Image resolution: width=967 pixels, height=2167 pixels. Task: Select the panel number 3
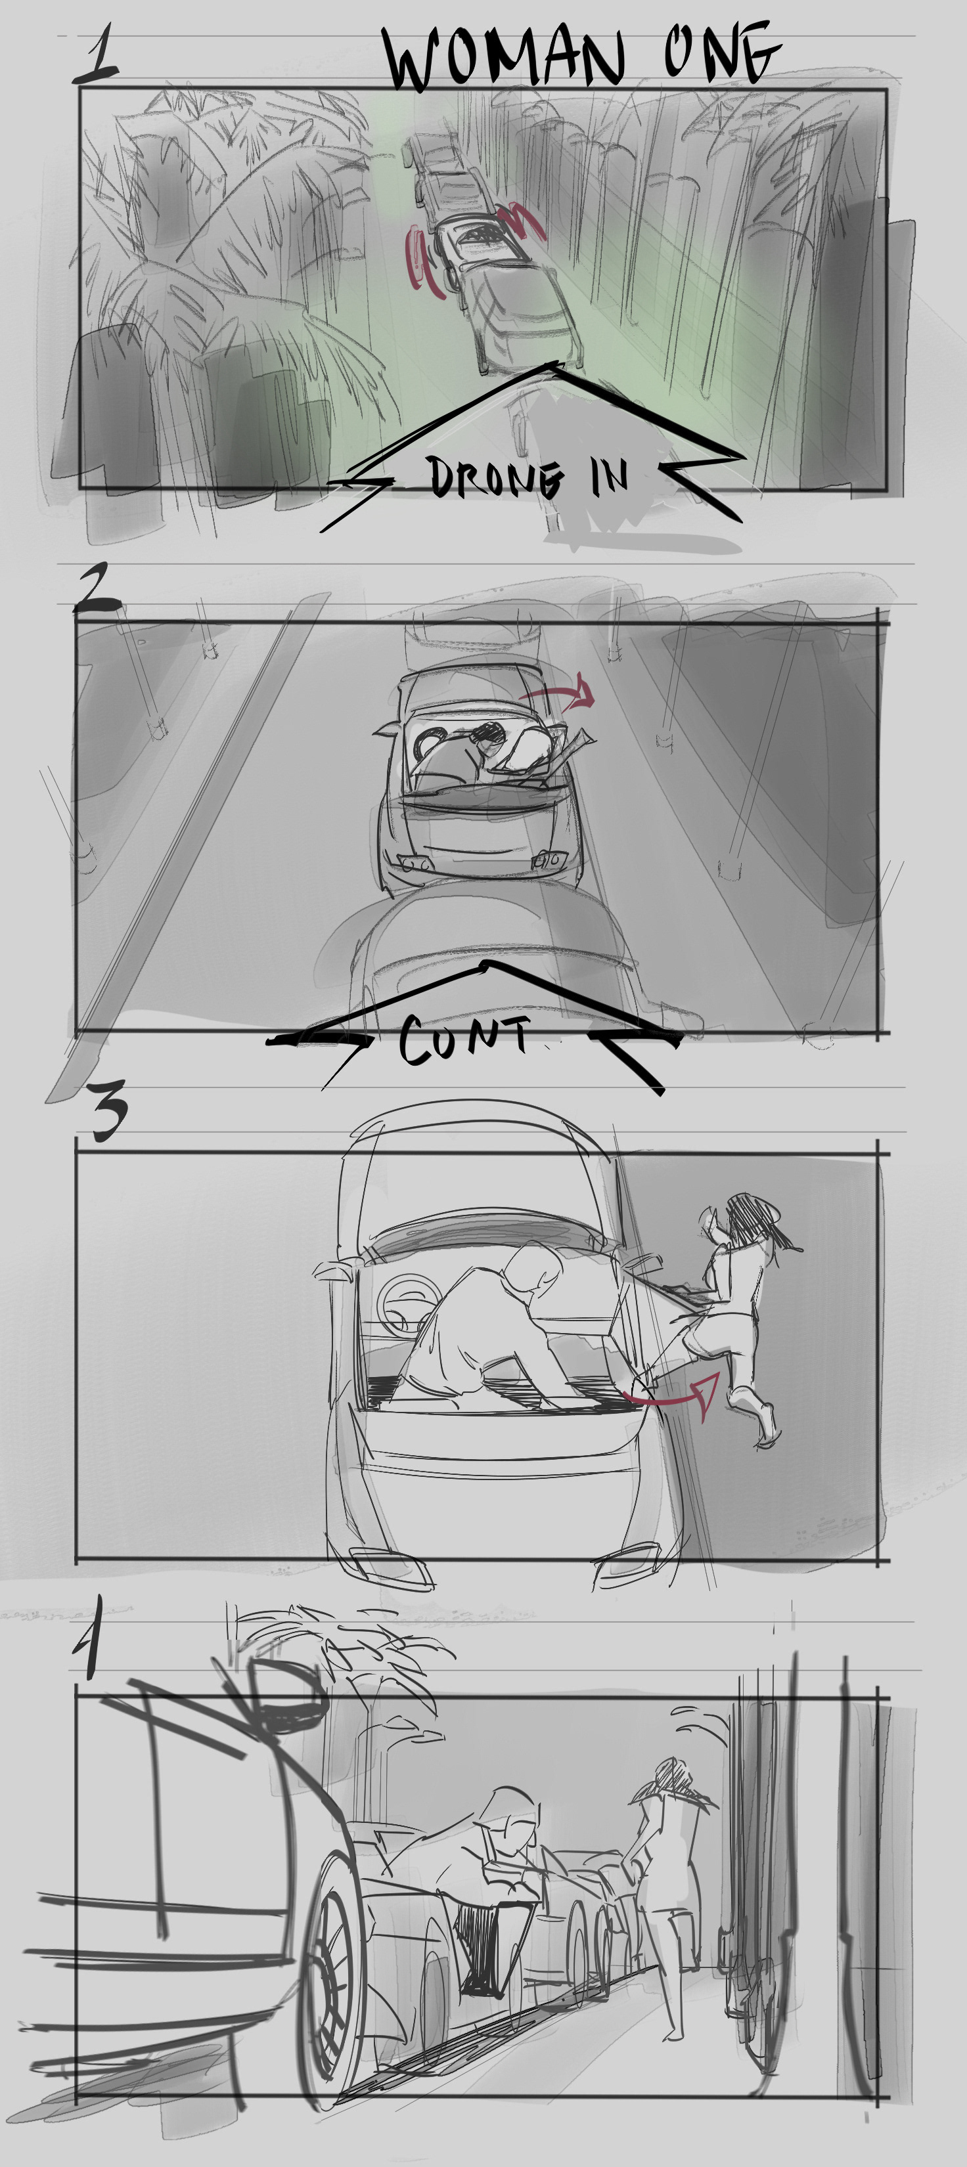click(x=108, y=1110)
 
